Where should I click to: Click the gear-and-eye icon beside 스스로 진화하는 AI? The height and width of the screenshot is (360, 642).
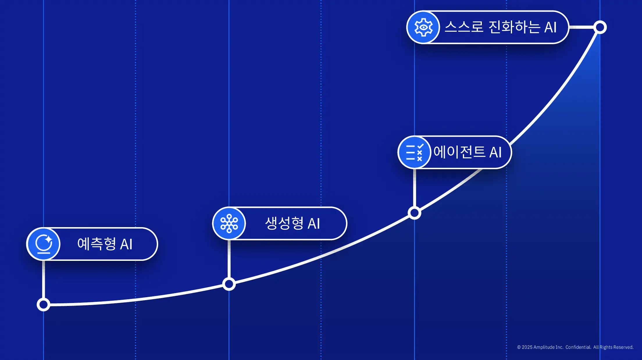coord(423,27)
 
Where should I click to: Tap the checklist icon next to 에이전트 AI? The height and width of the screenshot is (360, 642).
coord(414,152)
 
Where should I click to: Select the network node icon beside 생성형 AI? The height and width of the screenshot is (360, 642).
coord(229,223)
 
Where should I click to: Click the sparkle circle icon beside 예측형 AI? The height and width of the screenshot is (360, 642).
coord(44,244)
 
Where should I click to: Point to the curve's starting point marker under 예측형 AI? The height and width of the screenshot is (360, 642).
coord(44,304)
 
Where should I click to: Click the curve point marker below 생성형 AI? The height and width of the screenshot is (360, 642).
coord(229,284)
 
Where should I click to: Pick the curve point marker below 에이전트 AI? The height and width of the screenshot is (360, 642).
coord(414,213)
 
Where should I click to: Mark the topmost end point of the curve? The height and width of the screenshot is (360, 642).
coord(600,27)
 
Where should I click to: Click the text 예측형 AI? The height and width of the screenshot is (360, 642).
coord(105,244)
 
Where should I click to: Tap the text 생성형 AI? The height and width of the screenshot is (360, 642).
coord(293,223)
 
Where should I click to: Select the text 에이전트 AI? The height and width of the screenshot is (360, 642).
coord(468,152)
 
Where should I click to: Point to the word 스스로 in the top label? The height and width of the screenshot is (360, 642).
coord(464,27)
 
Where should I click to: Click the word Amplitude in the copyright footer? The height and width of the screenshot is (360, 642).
coord(544,347)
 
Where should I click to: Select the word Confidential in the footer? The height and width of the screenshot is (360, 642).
coord(578,347)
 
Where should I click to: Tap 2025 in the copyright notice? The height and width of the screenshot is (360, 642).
coord(527,347)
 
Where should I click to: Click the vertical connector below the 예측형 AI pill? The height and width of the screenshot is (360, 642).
coord(44,279)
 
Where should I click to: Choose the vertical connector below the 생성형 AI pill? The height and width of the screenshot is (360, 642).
coord(229,259)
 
